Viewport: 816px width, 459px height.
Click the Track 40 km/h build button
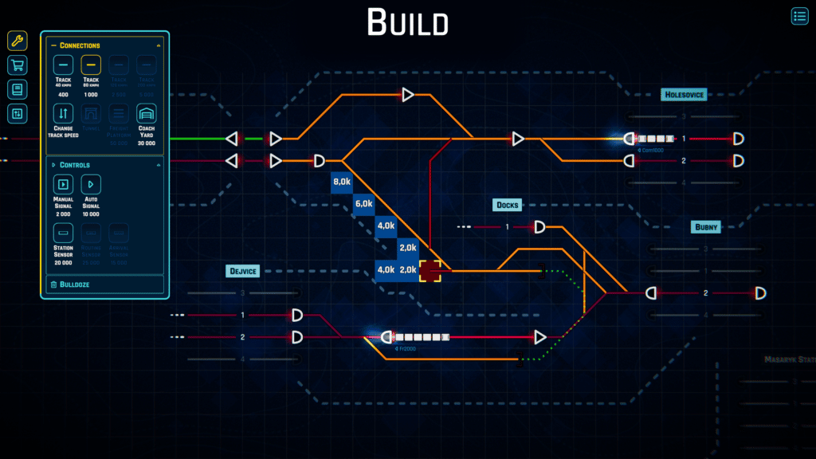click(64, 65)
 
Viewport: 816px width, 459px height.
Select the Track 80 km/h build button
click(91, 65)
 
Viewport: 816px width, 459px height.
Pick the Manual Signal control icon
click(64, 184)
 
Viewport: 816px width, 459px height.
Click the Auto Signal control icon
click(91, 184)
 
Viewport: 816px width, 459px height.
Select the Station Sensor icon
click(64, 233)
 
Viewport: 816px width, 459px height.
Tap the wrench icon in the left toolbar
click(18, 41)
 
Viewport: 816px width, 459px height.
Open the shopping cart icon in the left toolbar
click(18, 65)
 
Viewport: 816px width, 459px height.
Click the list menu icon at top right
click(799, 16)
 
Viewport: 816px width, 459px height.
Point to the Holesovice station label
click(684, 95)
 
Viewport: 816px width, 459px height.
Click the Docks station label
click(507, 205)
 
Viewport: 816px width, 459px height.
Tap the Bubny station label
click(705, 227)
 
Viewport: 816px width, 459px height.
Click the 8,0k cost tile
click(341, 182)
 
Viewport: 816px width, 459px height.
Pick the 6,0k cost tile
click(363, 204)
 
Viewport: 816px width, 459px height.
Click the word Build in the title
click(407, 22)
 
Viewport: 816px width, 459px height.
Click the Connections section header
click(80, 45)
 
